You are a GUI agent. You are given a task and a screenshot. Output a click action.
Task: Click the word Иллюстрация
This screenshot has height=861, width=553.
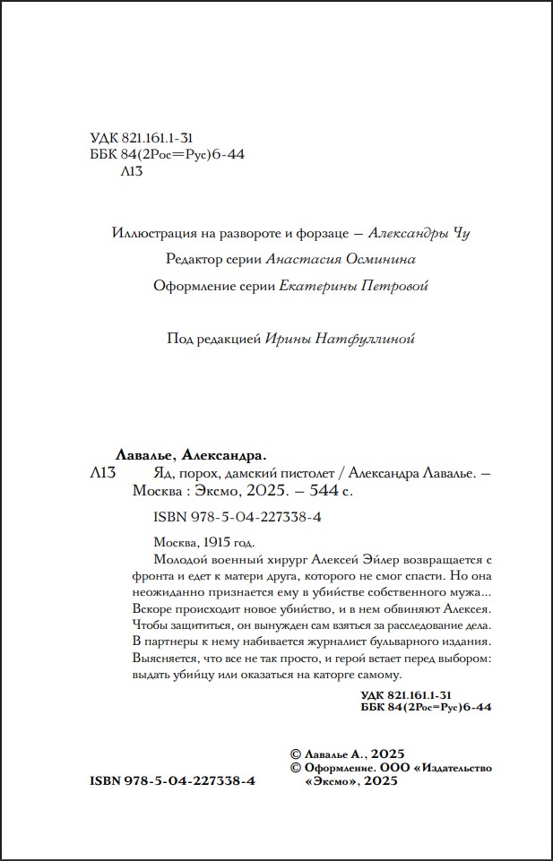point(144,234)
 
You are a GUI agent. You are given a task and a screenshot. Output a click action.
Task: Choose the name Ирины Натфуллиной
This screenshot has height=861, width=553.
point(341,339)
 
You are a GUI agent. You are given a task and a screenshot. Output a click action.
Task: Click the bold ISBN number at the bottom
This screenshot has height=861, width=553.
point(173,781)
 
